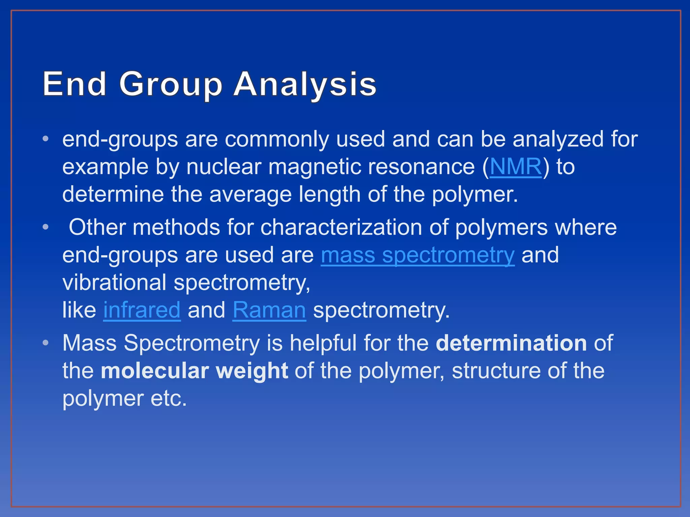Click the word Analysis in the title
tap(305, 84)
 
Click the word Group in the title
tap(170, 84)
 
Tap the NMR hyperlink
tap(515, 167)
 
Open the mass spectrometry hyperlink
tap(417, 255)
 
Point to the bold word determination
tap(511, 343)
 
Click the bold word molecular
tap(154, 371)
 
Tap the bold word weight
tap(252, 371)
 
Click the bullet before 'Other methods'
tap(46, 227)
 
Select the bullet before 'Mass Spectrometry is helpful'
tap(46, 343)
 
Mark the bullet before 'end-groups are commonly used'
tap(46, 139)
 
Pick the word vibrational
tap(114, 282)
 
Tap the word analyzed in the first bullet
tap(558, 139)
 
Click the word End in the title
tap(74, 84)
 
